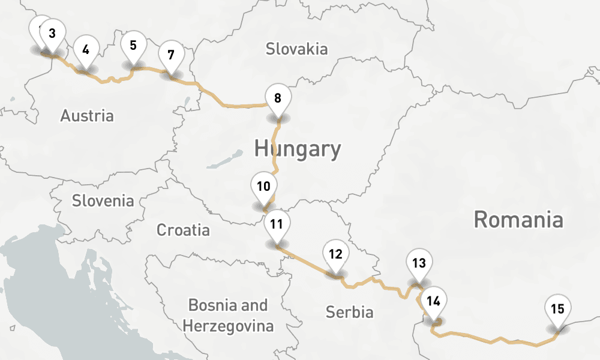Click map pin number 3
pyautogui.click(x=52, y=34)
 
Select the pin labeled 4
pyautogui.click(x=86, y=50)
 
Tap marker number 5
pyautogui.click(x=133, y=45)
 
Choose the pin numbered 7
pyautogui.click(x=171, y=55)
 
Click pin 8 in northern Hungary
pyautogui.click(x=277, y=98)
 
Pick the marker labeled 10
pyautogui.click(x=263, y=186)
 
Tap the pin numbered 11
pyautogui.click(x=277, y=225)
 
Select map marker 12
pyautogui.click(x=335, y=254)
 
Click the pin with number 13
pyautogui.click(x=419, y=263)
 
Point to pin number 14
pyautogui.click(x=434, y=301)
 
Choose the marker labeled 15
pyautogui.click(x=557, y=310)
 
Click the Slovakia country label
pyautogui.click(x=297, y=49)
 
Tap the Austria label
pyautogui.click(x=86, y=115)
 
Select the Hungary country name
pyautogui.click(x=297, y=148)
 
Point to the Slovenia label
pyautogui.click(x=103, y=200)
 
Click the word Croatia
pyautogui.click(x=183, y=230)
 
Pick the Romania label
pyautogui.click(x=518, y=220)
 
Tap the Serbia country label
pyautogui.click(x=349, y=312)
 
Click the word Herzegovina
pyautogui.click(x=228, y=326)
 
